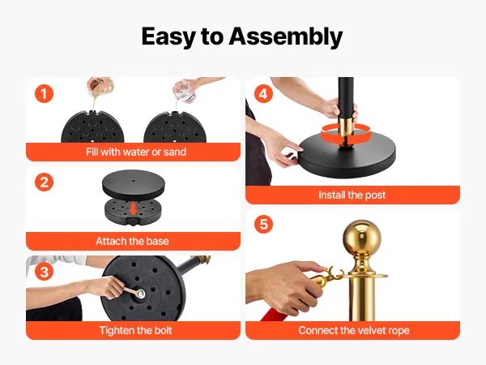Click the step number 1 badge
(44, 94)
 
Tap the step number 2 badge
(44, 182)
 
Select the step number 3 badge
(44, 271)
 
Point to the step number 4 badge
(263, 94)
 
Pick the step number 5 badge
(263, 224)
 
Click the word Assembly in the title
(285, 37)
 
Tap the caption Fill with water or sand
(136, 152)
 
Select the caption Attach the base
(132, 241)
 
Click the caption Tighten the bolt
(135, 330)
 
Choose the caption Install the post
(352, 195)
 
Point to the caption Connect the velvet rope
(354, 330)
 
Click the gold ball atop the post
(362, 238)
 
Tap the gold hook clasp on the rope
(326, 277)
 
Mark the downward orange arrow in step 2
(134, 208)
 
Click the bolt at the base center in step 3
(141, 294)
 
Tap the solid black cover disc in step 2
(134, 185)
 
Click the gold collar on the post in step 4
(344, 131)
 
